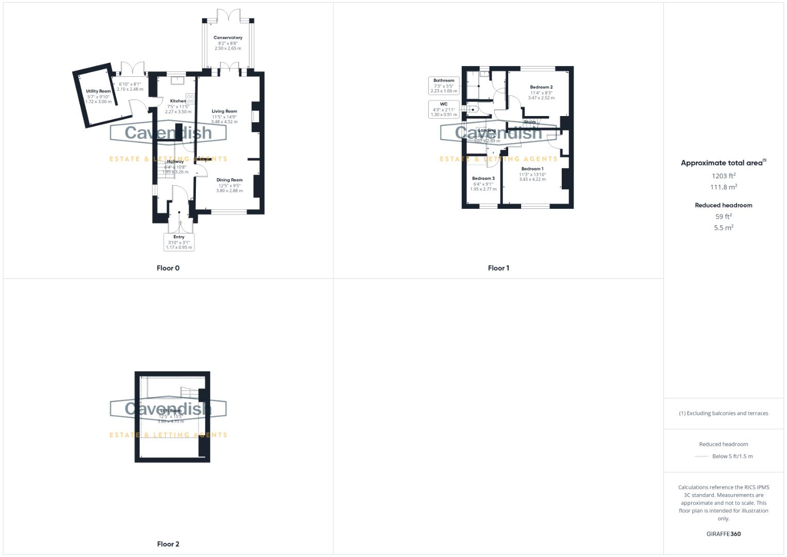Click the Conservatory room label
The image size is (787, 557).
(x=228, y=38)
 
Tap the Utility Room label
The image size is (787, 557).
(x=98, y=91)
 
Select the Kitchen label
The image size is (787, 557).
(x=178, y=101)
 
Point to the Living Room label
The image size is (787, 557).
(x=224, y=111)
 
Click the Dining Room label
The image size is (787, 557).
(x=229, y=180)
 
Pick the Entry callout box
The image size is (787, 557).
(x=179, y=242)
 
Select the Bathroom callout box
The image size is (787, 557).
(x=444, y=86)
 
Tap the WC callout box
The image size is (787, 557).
(x=444, y=109)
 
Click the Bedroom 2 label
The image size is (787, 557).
(x=541, y=87)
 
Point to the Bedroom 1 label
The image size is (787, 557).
(x=532, y=169)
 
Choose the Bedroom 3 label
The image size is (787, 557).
(x=483, y=178)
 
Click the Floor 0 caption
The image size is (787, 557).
(x=168, y=268)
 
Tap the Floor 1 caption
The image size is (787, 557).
(x=498, y=268)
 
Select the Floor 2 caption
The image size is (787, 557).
(x=168, y=544)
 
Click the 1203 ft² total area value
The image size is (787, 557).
(x=724, y=176)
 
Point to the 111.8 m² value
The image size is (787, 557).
(x=724, y=187)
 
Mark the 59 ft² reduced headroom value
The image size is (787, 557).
(x=724, y=217)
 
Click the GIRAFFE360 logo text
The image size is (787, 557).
(x=724, y=534)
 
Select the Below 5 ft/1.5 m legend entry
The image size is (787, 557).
(x=732, y=456)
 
